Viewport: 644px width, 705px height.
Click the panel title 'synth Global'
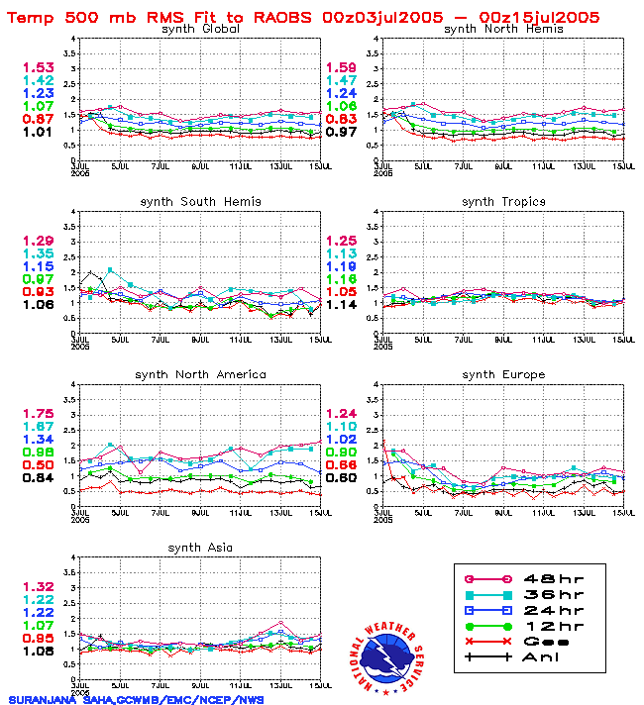(x=199, y=29)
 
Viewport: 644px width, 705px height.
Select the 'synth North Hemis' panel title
(x=503, y=29)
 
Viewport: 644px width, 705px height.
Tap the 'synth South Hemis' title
(x=200, y=202)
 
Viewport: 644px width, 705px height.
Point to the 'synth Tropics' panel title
(x=503, y=202)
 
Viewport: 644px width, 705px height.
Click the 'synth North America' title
(x=200, y=374)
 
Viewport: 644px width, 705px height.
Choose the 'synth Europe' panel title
(x=503, y=374)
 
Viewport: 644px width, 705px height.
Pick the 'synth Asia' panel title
(x=199, y=548)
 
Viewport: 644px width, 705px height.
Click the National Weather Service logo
(x=387, y=653)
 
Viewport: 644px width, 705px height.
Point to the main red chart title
(x=303, y=16)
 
